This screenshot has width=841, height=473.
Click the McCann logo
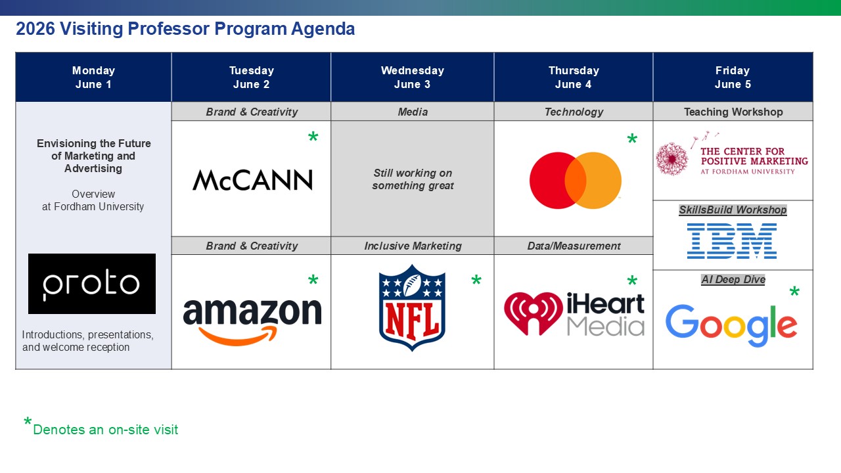[x=252, y=179]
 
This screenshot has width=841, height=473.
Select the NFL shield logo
[x=412, y=307]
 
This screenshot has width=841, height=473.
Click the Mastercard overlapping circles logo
[x=576, y=181]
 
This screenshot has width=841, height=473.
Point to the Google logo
[x=731, y=325]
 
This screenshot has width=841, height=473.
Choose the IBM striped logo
[x=732, y=240]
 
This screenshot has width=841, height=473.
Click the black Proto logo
[x=92, y=284]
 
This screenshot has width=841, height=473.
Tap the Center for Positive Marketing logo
[x=732, y=160]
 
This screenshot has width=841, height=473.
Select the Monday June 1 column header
[x=93, y=78]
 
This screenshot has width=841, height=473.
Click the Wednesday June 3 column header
[x=412, y=78]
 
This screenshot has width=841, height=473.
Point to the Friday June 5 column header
[x=733, y=78]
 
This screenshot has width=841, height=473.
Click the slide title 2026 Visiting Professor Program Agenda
[x=185, y=29]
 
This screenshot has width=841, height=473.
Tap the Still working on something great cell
[x=413, y=179]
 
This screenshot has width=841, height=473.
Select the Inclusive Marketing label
[x=413, y=246]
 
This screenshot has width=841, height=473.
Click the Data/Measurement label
[x=574, y=246]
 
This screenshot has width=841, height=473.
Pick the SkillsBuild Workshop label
[x=733, y=210]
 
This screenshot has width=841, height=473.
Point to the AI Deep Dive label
[x=733, y=279]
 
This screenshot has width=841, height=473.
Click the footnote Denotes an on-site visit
[x=105, y=430]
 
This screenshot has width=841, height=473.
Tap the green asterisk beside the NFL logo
[x=476, y=281]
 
